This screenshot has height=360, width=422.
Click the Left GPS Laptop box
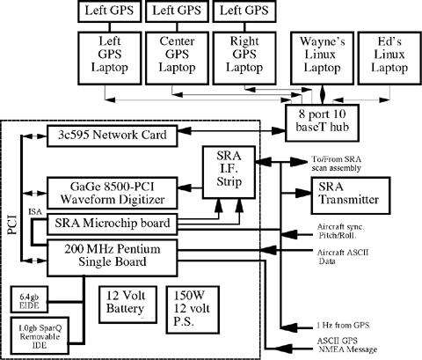tap(110, 58)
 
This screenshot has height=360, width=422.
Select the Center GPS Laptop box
tap(177, 58)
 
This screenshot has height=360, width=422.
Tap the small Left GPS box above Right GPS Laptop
tap(244, 11)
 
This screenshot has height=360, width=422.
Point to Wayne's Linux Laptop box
tap(322, 58)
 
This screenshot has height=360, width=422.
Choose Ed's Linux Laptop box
tap(389, 58)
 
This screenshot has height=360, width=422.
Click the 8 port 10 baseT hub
tap(323, 123)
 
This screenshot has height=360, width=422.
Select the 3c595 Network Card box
tap(113, 136)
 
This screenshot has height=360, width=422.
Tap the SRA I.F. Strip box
tap(229, 173)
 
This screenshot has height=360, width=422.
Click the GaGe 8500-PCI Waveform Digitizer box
tap(113, 193)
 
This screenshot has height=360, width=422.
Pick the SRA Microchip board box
tap(113, 224)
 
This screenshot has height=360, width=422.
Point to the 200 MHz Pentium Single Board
tap(113, 258)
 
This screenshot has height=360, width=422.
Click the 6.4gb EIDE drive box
tap(29, 299)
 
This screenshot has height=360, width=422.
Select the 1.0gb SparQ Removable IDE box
tap(40, 336)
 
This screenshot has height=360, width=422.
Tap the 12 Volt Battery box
tap(127, 305)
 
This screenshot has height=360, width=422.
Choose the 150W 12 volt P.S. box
tap(193, 310)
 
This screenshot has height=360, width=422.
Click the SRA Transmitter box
tap(351, 195)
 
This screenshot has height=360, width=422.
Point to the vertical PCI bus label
tap(12, 224)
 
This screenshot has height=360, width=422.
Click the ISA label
tap(35, 211)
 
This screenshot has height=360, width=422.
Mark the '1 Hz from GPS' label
tap(343, 325)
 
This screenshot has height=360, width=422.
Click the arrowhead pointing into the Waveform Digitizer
tap(185, 187)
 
